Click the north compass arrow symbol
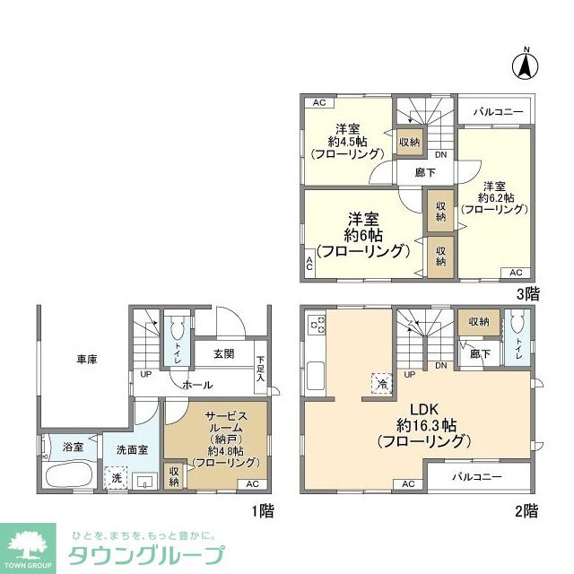[526, 64]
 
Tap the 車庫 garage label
[86, 360]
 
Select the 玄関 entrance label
[224, 353]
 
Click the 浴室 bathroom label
[73, 447]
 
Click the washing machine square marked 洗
[115, 479]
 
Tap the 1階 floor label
[261, 510]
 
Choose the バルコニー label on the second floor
[476, 476]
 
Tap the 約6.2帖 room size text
[495, 197]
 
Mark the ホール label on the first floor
[197, 385]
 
